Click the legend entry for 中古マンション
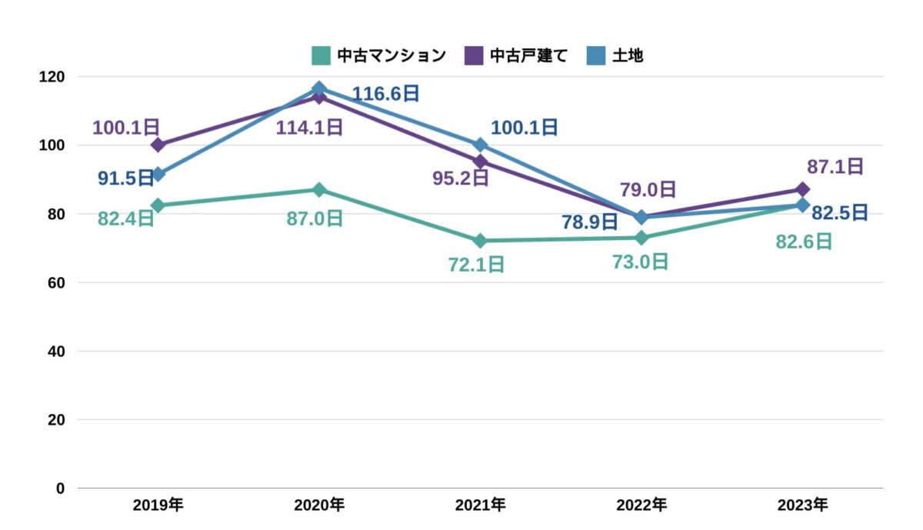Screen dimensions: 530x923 (378, 56)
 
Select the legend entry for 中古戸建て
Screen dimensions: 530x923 (515, 56)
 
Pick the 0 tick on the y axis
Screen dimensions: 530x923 (61, 488)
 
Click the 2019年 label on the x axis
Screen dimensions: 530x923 (158, 505)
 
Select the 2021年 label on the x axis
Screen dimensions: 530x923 (480, 505)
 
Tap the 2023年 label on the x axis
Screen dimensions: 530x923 (802, 505)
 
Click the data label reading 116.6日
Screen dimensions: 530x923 (386, 94)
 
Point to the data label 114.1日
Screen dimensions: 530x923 (309, 127)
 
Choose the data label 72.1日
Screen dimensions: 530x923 (476, 265)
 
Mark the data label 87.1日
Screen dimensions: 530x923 (835, 166)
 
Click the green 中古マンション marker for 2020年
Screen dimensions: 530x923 (319, 190)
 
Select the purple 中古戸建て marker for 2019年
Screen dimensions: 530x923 (158, 145)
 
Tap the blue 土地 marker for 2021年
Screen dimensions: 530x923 (480, 145)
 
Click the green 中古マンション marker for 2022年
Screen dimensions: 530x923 (641, 238)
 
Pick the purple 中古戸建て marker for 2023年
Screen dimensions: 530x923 (802, 189)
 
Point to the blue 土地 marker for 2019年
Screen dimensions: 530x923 (158, 175)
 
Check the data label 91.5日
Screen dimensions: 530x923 (126, 178)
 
